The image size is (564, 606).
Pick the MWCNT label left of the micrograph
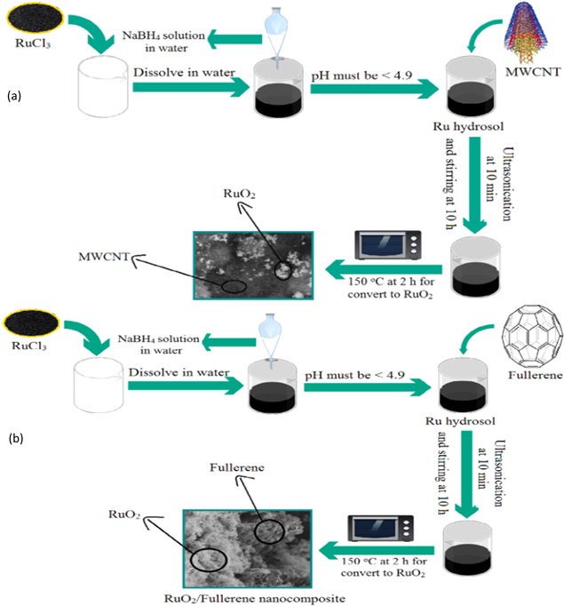99,257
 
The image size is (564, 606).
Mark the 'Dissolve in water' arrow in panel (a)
187,87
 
